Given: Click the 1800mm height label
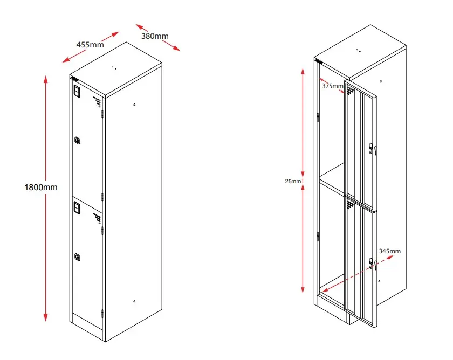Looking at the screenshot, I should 40,187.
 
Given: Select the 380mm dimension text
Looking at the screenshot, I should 155,36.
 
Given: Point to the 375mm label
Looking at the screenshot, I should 332,86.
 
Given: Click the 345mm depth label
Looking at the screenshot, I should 390,251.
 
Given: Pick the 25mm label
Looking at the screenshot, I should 293,181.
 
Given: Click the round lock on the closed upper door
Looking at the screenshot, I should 78,141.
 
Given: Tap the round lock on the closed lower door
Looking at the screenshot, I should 78,257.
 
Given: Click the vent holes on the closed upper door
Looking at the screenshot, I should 97,101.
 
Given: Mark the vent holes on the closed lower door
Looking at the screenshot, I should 97,218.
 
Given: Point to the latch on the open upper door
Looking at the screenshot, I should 372,148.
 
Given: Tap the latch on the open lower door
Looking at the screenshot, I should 372,264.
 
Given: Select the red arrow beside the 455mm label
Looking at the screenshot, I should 90,47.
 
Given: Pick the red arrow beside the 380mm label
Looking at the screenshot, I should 157,37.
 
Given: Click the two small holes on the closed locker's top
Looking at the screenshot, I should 114,68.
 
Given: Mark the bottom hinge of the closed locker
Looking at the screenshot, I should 102,314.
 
